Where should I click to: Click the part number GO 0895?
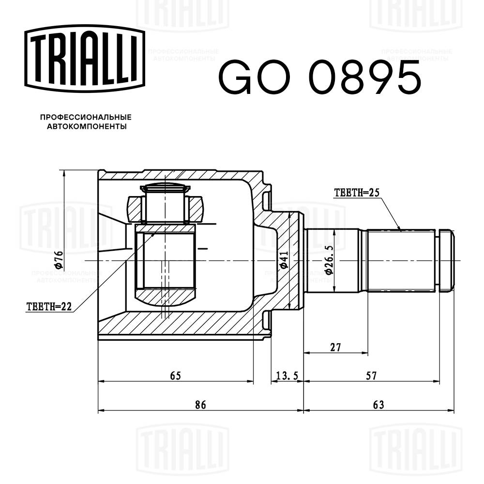click(319, 77)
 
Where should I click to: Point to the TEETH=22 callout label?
click(48, 306)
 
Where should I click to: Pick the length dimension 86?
click(200, 405)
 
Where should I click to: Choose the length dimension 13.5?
click(287, 376)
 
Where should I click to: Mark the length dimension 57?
click(371, 376)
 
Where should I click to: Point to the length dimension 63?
click(378, 405)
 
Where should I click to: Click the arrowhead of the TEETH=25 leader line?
click(400, 228)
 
